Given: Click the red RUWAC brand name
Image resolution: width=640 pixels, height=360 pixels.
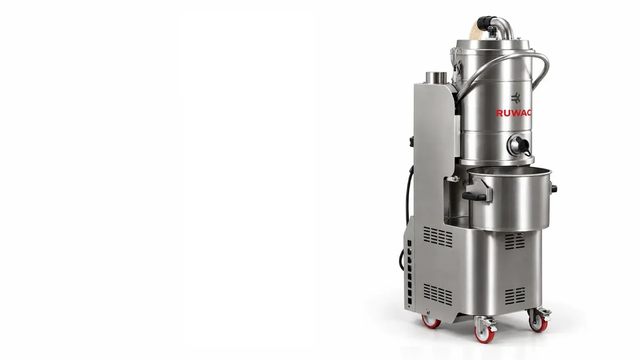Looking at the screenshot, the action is coord(514,113).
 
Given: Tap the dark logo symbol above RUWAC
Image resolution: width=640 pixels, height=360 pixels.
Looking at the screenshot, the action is coord(515,98).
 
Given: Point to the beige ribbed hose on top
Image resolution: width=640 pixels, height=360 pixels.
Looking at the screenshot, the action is coord(477,31).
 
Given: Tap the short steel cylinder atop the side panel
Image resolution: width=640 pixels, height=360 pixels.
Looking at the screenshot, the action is coord(436,77).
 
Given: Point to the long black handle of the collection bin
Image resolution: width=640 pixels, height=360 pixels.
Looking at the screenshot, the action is coord(474,196).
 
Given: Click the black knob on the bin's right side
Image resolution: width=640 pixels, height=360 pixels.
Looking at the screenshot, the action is coord(554,189).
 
